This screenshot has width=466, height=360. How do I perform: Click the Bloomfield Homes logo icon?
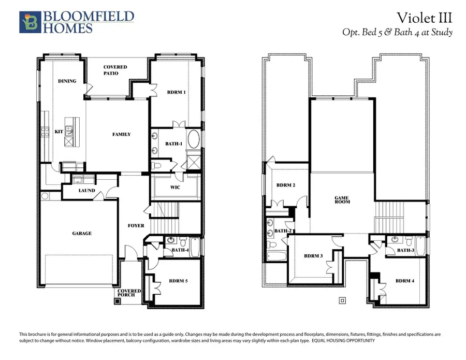[29, 22]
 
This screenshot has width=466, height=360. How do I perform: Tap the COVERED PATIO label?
[115, 70]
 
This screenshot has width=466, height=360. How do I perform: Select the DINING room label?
[67, 81]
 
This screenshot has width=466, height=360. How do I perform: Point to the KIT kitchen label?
[59, 132]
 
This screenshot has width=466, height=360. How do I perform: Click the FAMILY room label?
[122, 134]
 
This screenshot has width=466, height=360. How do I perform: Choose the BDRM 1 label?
[177, 92]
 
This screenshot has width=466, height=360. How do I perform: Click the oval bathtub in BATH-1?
[193, 140]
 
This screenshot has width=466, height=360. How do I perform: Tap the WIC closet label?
[175, 187]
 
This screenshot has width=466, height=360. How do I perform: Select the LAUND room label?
[86, 191]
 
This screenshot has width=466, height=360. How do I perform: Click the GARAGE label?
[82, 233]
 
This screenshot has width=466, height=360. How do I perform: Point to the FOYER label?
[136, 226]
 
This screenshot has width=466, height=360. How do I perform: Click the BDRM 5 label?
[179, 281]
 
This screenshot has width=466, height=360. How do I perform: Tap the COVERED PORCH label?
[129, 293]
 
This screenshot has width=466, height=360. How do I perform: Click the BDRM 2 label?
[285, 185]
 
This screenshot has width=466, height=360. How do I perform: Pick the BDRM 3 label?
[314, 256]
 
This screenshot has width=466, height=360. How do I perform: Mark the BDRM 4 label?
[405, 281]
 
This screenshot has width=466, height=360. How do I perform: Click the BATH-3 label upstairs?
[405, 250]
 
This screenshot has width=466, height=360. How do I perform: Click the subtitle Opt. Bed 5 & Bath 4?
[397, 32]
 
